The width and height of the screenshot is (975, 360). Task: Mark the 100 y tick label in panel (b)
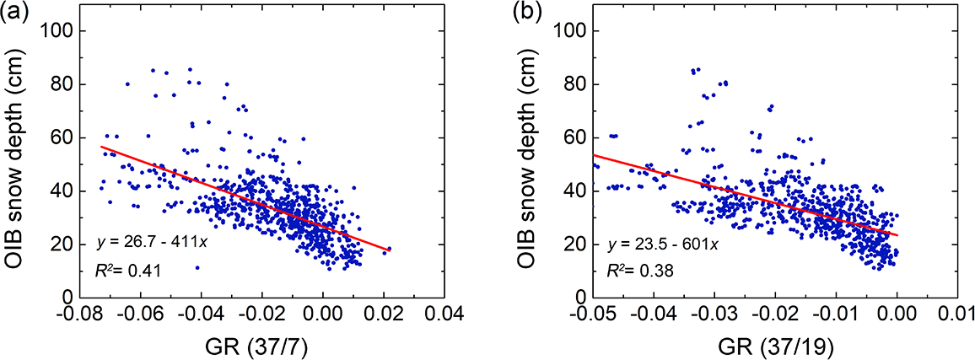pyautogui.click(x=576, y=30)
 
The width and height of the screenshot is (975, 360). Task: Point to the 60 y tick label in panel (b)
pyautogui.click(x=579, y=137)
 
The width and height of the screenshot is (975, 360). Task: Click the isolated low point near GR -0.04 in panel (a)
pyautogui.click(x=197, y=267)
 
